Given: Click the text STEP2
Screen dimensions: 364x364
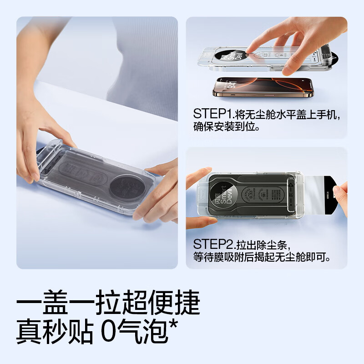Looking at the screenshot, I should point(209,244).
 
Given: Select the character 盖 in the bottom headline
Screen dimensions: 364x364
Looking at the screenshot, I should point(56,304).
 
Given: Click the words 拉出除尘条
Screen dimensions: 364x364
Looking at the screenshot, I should point(263,244).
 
